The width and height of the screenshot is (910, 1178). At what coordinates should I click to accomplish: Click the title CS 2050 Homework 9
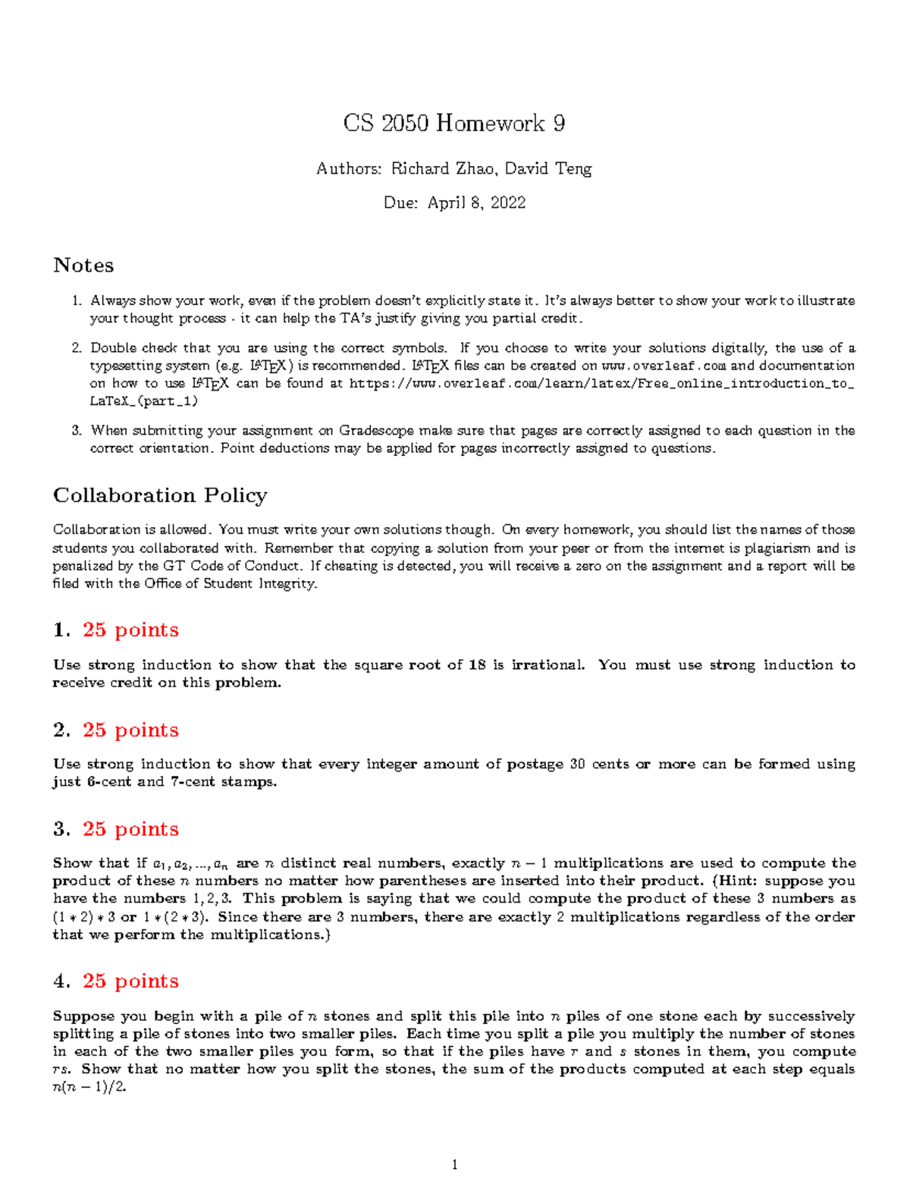point(453,123)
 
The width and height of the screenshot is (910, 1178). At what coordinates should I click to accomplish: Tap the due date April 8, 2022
point(476,203)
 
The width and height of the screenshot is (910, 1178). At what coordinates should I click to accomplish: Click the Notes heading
point(83,265)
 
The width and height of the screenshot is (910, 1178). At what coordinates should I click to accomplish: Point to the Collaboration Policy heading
point(160,495)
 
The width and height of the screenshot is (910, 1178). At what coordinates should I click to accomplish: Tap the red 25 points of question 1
point(130,630)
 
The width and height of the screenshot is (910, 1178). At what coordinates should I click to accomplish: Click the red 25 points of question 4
point(130,981)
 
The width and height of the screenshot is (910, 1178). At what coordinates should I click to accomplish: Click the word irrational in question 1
point(548,665)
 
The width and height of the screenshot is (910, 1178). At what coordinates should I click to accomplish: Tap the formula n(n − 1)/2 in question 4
point(89,1087)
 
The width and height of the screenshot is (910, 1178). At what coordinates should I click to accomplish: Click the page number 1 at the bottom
point(455,1164)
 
